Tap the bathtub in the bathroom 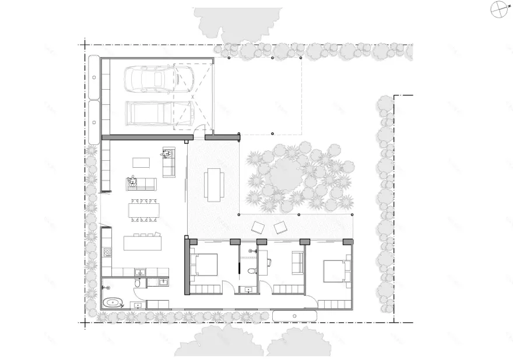pyautogui.click(x=113, y=302)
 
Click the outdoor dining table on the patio pyautogui.click(x=213, y=184)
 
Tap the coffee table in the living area pyautogui.click(x=141, y=162)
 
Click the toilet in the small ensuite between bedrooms pyautogui.click(x=251, y=271)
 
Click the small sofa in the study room pyautogui.click(x=297, y=263)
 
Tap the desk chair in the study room pyautogui.click(x=269, y=262)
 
